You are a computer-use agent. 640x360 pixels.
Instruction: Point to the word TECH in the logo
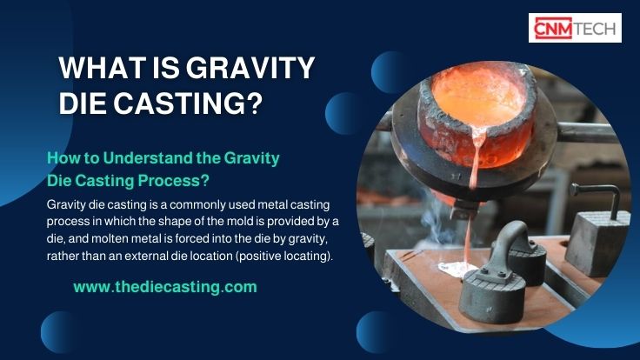point(600,28)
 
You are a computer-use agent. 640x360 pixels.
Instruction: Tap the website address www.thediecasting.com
point(164,286)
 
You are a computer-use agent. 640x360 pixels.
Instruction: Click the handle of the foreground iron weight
point(503,239)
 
